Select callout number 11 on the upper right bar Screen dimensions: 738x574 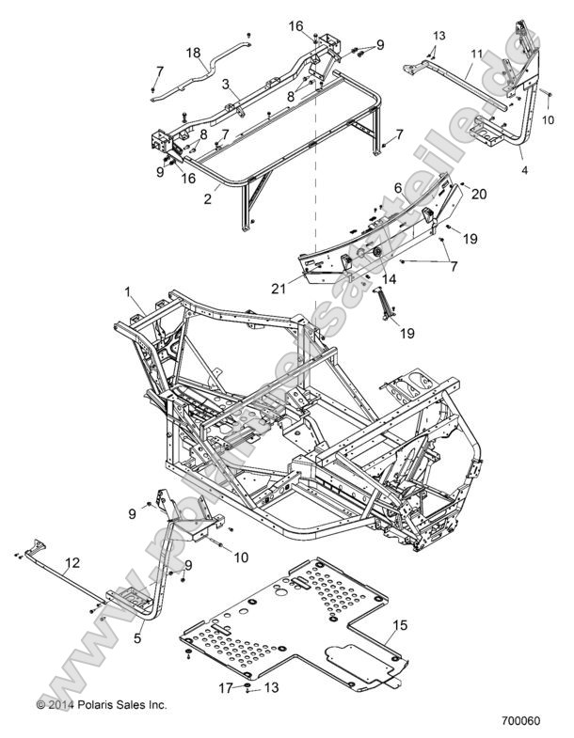tap(477, 55)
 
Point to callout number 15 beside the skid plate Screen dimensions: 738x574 tap(399, 623)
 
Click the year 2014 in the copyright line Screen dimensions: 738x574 tap(60, 703)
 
